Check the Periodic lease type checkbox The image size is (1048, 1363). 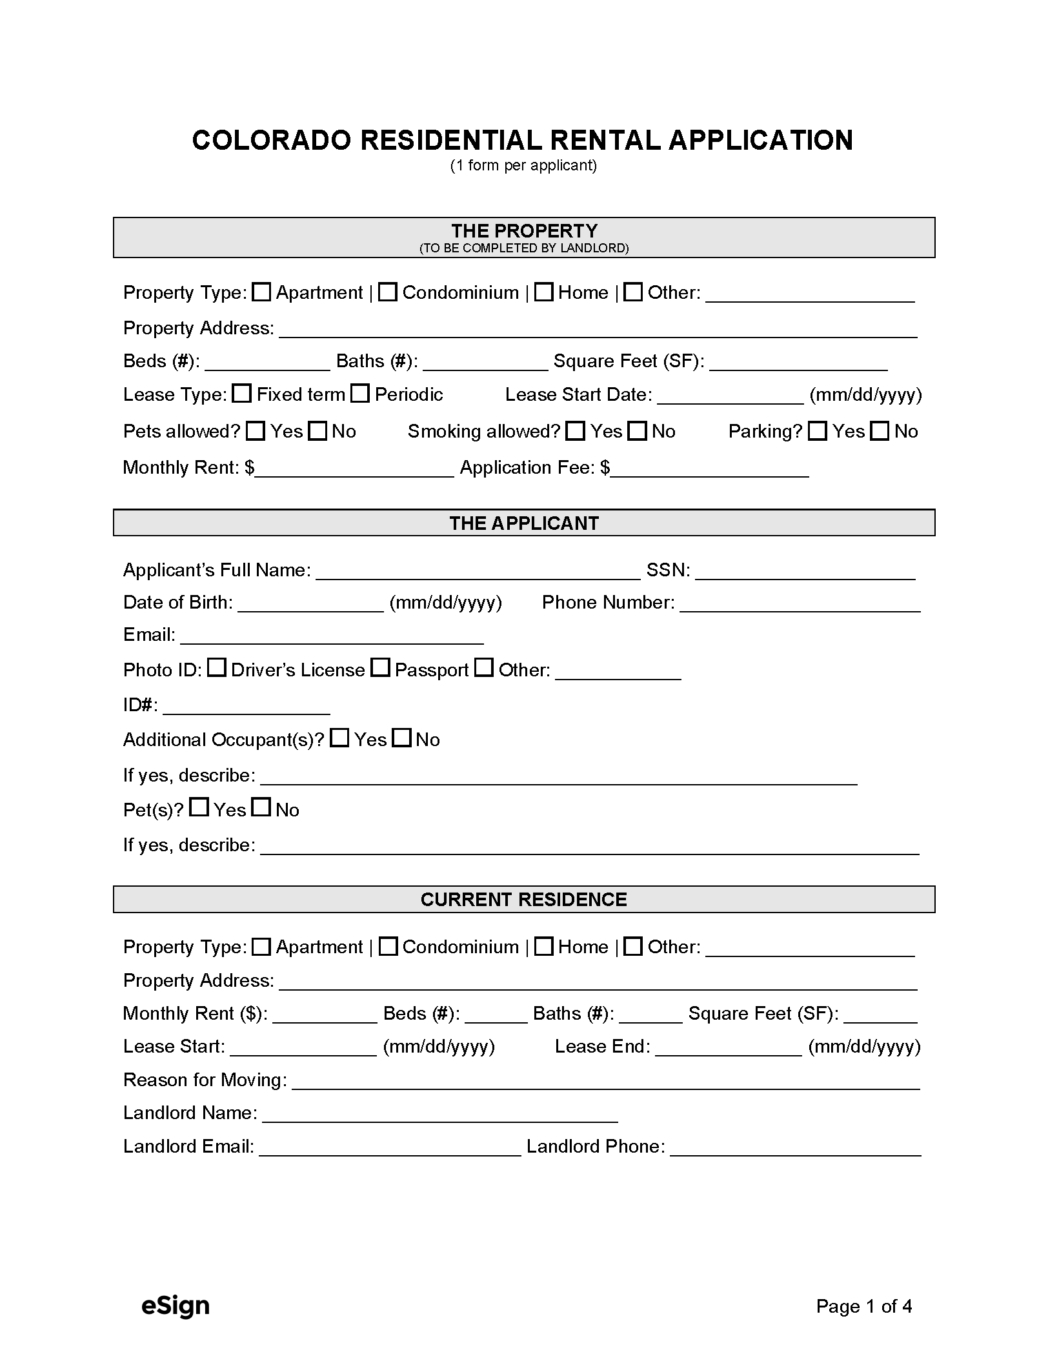pyautogui.click(x=360, y=394)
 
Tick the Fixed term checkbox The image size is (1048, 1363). pyautogui.click(x=242, y=394)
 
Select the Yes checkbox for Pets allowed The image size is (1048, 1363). pyautogui.click(x=256, y=431)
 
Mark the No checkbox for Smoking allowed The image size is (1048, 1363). pyautogui.click(x=638, y=431)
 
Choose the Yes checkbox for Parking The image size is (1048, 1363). pyautogui.click(x=818, y=431)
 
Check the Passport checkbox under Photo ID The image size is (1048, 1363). pyautogui.click(x=381, y=668)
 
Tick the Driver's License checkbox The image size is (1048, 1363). pyautogui.click(x=217, y=668)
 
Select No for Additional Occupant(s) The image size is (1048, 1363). pyautogui.click(x=402, y=738)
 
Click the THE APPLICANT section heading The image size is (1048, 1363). pyautogui.click(x=524, y=523)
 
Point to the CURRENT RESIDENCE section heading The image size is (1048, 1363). pyautogui.click(x=524, y=900)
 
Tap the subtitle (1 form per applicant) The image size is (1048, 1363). pyautogui.click(x=523, y=166)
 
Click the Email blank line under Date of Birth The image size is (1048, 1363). pyautogui.click(x=332, y=636)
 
